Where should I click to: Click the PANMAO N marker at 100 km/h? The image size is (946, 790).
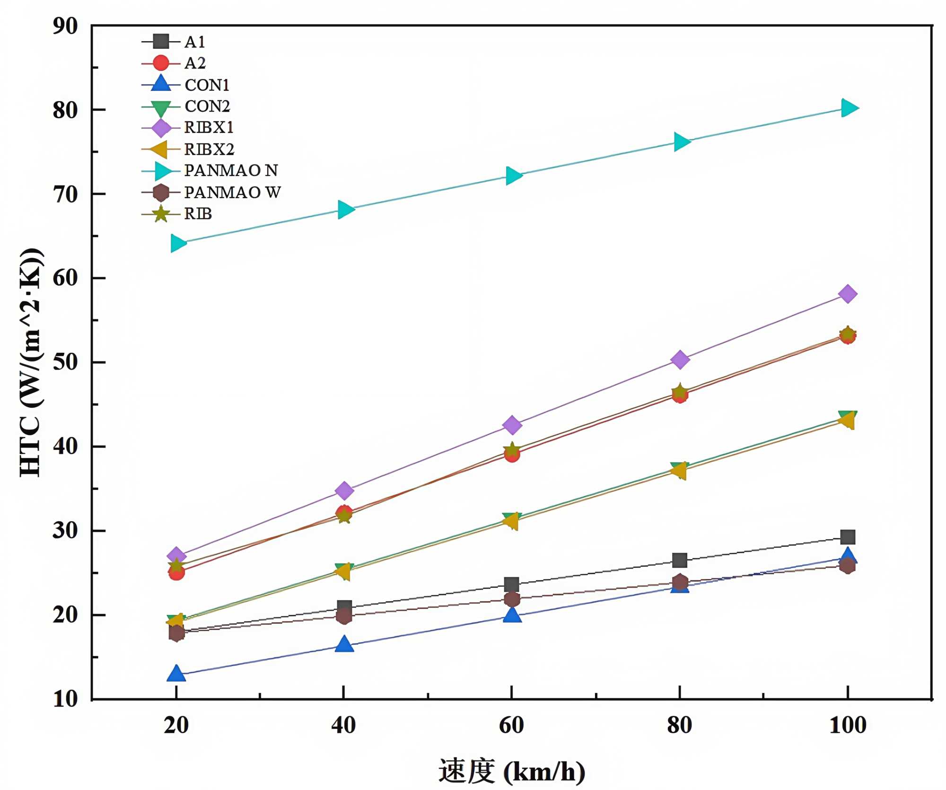click(x=849, y=108)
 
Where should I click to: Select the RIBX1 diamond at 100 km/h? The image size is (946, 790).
click(x=847, y=294)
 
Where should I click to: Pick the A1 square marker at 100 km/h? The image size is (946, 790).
click(x=848, y=537)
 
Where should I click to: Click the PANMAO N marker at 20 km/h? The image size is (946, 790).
click(x=178, y=243)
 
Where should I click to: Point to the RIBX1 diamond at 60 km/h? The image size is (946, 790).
click(x=512, y=425)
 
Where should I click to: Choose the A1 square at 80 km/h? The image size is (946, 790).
click(x=680, y=561)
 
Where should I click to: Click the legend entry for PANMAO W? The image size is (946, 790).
click(x=232, y=193)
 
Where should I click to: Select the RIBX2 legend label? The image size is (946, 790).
click(x=209, y=149)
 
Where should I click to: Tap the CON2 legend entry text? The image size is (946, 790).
click(x=207, y=106)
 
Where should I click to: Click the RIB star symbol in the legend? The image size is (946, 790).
click(x=161, y=214)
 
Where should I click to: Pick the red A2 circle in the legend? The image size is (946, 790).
click(x=161, y=63)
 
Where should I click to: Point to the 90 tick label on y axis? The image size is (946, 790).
click(x=65, y=26)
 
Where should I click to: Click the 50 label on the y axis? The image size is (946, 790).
click(x=65, y=362)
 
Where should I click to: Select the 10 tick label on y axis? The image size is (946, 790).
click(x=65, y=699)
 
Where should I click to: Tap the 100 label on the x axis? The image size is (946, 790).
click(x=848, y=725)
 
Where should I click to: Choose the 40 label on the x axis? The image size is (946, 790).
click(x=343, y=725)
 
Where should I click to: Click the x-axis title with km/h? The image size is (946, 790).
click(x=512, y=771)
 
